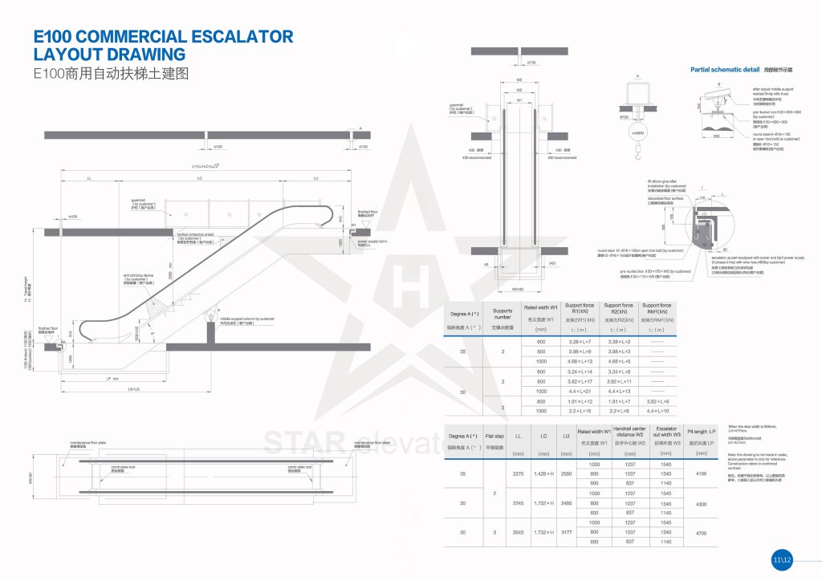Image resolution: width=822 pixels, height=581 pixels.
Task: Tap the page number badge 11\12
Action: [782, 559]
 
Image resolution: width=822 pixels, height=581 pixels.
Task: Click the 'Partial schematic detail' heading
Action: [724, 70]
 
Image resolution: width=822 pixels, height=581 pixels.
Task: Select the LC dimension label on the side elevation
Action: [198, 177]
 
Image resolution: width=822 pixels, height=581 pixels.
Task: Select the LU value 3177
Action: [566, 533]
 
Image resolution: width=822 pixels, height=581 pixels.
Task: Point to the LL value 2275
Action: [518, 473]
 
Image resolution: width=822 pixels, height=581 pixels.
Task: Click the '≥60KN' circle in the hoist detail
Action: [638, 133]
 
